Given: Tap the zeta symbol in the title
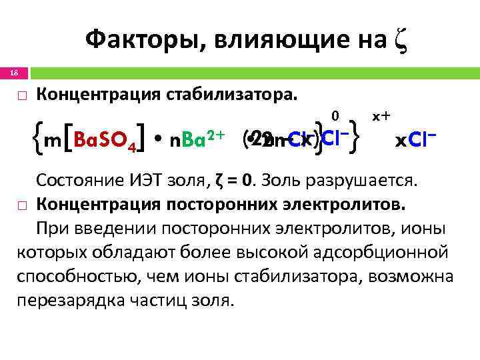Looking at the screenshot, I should pos(399,41).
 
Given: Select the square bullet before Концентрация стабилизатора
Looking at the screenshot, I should pos(21,96).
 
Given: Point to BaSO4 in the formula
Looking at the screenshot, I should pos(106,141).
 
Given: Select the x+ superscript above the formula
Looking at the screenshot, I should pos(381,116).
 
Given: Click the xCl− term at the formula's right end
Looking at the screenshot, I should pos(415,141).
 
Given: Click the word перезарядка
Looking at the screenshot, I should pos(71,299).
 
